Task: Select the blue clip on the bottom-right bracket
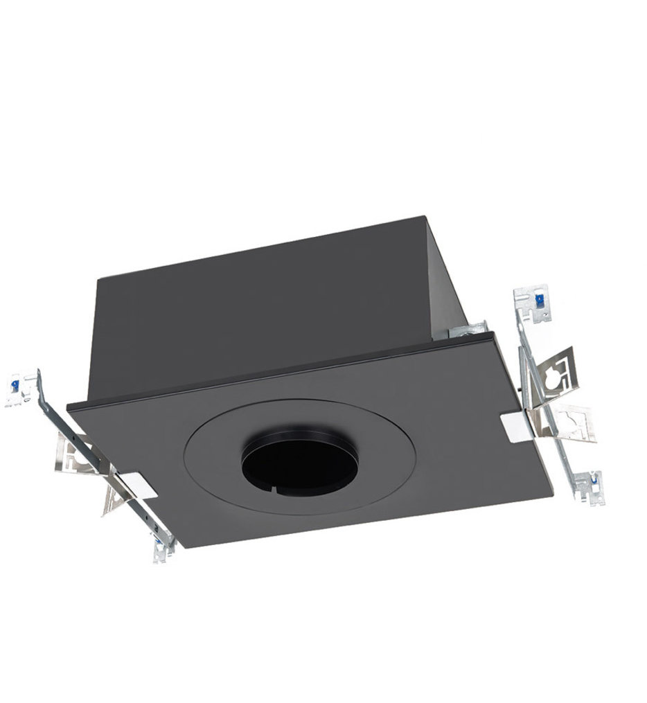(x=592, y=477)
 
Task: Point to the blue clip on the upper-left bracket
(x=15, y=382)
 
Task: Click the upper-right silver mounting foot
(x=531, y=304)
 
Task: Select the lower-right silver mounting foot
(x=586, y=484)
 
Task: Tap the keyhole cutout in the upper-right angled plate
(x=555, y=378)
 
